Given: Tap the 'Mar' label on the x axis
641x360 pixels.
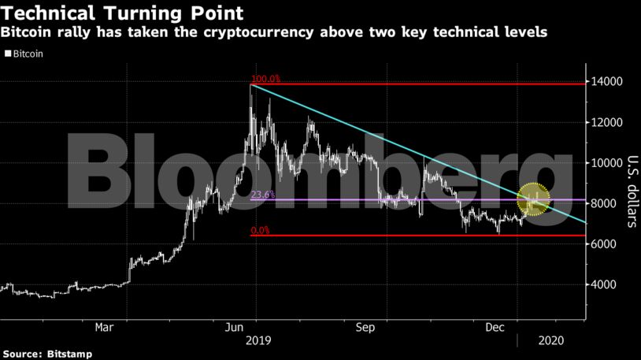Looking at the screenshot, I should click(x=105, y=326).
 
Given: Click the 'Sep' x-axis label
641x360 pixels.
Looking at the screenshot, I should click(x=365, y=326).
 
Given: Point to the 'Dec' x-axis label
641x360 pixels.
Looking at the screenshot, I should click(x=495, y=326).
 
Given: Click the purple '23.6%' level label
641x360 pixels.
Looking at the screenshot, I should click(x=263, y=195).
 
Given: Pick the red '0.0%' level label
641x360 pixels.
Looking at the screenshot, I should click(x=261, y=231).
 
